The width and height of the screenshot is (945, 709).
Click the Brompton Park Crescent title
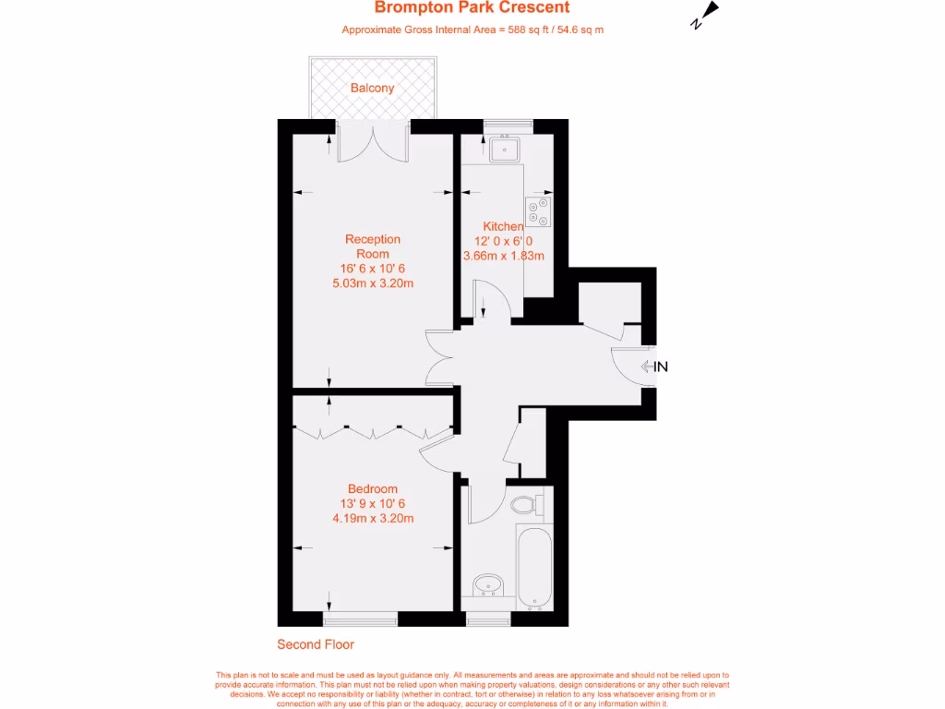point(472,8)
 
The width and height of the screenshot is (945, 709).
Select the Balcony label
point(372,89)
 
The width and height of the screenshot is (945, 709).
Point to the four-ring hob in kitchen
point(537,211)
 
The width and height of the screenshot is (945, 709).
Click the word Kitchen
point(503,226)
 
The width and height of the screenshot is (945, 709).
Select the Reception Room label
point(372,246)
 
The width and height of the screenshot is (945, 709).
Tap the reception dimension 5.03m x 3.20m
point(372,283)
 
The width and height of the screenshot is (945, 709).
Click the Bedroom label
point(372,488)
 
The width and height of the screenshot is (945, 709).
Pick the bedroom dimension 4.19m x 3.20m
point(372,518)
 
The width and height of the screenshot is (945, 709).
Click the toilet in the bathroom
point(527,505)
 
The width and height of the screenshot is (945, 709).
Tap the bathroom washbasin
point(487,585)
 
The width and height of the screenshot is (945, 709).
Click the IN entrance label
point(660,367)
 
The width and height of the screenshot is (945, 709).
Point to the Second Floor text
point(316,644)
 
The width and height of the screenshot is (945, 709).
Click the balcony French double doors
point(372,144)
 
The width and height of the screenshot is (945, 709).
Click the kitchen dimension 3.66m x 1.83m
point(503,256)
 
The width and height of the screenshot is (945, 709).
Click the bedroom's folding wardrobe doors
point(372,430)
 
